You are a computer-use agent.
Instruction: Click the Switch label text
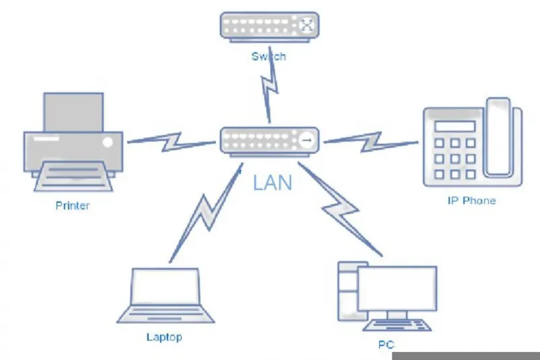tap(269, 56)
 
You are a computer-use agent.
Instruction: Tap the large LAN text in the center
tap(273, 183)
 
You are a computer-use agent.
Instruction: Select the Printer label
tap(72, 205)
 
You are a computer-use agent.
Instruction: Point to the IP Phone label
tap(471, 201)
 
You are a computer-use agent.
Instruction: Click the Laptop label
tap(164, 337)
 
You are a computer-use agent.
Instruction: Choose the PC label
tap(386, 344)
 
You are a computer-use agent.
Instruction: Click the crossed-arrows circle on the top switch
tap(306, 25)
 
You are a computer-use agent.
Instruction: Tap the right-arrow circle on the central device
tap(307, 140)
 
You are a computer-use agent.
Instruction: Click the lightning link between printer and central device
tap(171, 142)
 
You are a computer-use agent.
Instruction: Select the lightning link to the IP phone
tap(371, 142)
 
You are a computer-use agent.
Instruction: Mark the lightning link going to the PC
tap(340, 209)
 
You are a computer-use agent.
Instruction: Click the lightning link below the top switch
tap(270, 84)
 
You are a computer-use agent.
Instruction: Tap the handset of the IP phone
tap(498, 137)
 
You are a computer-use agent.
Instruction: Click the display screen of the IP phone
tap(455, 126)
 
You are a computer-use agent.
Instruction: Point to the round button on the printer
tap(108, 142)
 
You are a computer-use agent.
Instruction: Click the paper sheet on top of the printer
tap(74, 112)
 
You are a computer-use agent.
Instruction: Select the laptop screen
tap(165, 286)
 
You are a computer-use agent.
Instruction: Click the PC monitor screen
tap(398, 288)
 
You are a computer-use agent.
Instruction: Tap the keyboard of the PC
tap(397, 325)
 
